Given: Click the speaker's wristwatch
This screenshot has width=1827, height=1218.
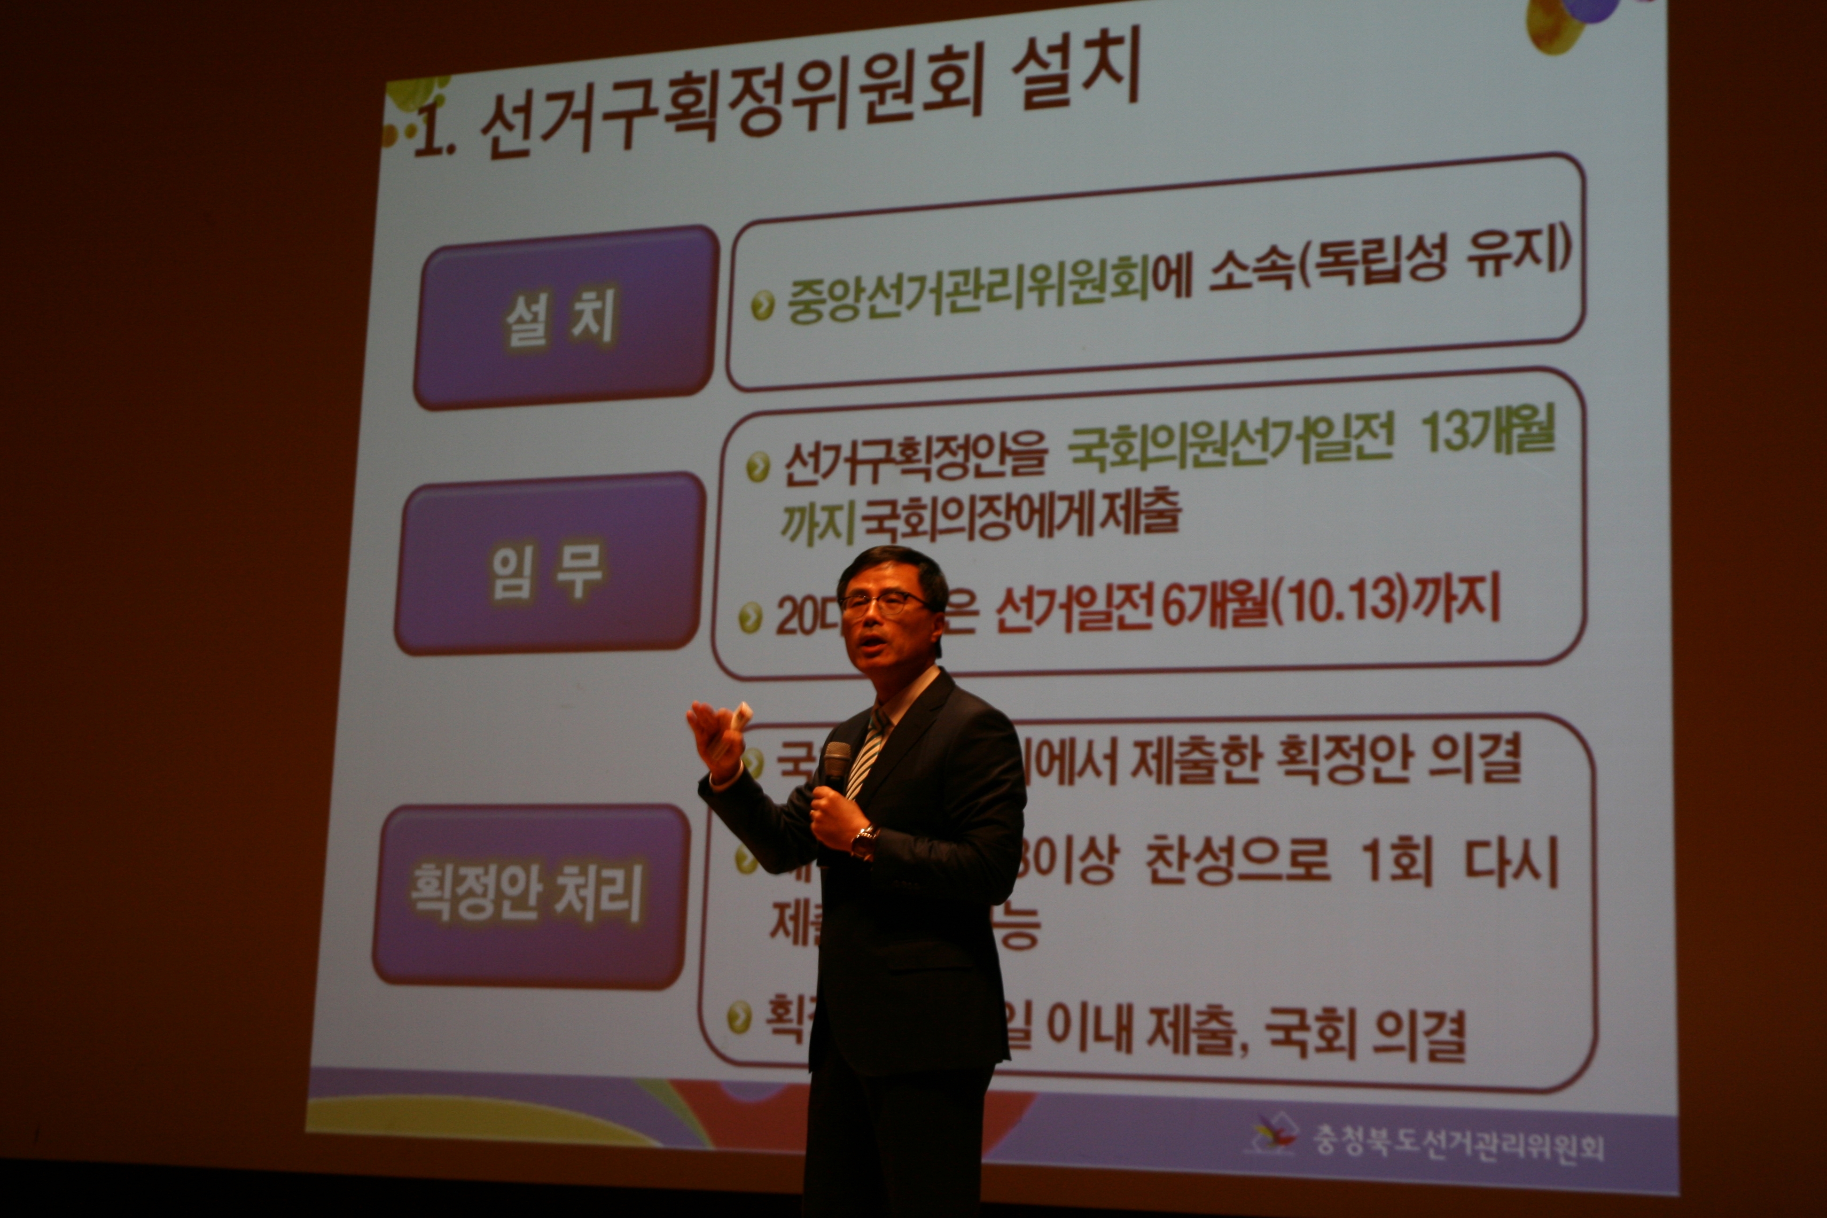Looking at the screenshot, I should (864, 841).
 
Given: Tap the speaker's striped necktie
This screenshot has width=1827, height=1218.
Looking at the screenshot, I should (866, 753).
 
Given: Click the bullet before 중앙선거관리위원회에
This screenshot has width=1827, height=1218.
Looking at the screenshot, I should (763, 306).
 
